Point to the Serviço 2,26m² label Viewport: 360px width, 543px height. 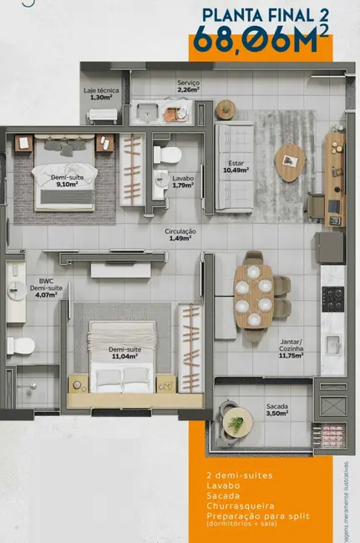click(x=188, y=86)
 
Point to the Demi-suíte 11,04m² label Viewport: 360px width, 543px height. click(x=124, y=353)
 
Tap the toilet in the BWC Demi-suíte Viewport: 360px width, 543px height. click(x=20, y=344)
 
